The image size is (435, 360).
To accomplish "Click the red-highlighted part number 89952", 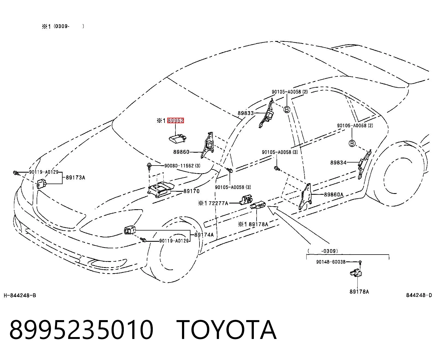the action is click(x=175, y=120).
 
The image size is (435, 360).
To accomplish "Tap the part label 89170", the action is click(x=191, y=191).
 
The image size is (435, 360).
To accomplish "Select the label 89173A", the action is click(x=75, y=178).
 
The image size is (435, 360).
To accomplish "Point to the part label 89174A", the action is click(x=204, y=235).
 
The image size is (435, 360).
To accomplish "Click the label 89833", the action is click(x=246, y=113).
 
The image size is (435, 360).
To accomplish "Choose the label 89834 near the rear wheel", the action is click(x=338, y=163).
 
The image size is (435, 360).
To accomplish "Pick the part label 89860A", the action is click(x=334, y=194).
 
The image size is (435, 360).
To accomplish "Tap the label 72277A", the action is click(x=218, y=203).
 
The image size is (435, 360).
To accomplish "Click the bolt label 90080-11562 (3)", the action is click(x=182, y=166).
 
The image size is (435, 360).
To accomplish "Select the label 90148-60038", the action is click(x=331, y=262).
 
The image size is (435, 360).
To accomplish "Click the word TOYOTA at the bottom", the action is click(x=227, y=330).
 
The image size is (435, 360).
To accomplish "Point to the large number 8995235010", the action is click(x=81, y=330).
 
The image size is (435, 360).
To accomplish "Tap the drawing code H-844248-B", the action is click(x=20, y=296).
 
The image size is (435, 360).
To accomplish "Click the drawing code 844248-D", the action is click(x=419, y=295).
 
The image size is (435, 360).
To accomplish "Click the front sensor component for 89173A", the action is click(x=42, y=183).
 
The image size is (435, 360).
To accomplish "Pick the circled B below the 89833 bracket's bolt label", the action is click(x=287, y=109).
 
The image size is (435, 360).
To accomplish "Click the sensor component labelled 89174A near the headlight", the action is click(x=130, y=230).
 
